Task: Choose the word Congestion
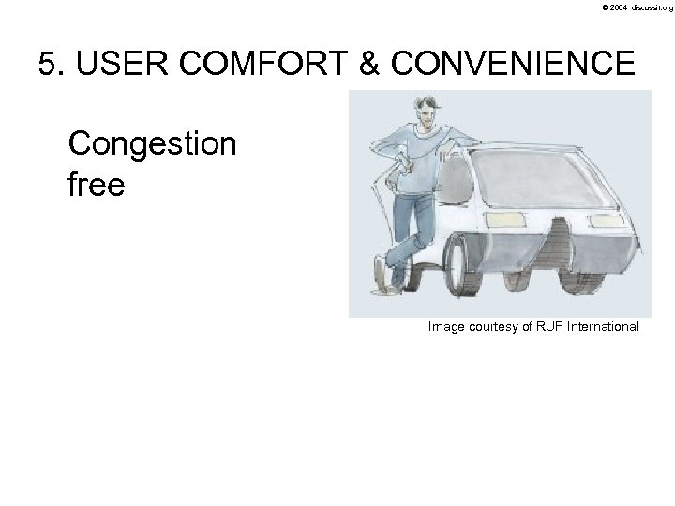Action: [x=153, y=144]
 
